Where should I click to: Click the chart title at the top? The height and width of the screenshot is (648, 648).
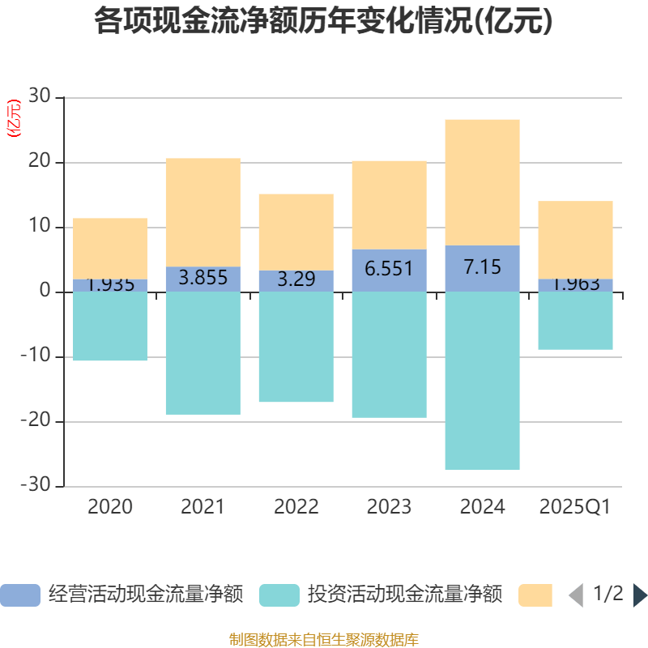point(323,22)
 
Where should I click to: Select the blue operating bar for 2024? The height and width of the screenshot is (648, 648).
point(483,268)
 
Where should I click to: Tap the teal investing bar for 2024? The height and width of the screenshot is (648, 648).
point(483,381)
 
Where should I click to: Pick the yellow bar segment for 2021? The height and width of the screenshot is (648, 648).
point(202,212)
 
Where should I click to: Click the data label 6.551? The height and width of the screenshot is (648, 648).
point(389,268)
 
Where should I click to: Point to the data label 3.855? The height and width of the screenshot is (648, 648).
point(202,278)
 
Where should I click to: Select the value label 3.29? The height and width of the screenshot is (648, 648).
point(296,280)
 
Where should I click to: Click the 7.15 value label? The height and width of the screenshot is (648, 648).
point(483,266)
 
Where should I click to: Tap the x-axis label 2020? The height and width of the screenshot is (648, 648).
point(110,507)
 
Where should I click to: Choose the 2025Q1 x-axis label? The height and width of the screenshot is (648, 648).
point(575,507)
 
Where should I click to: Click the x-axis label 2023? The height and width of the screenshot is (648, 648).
point(389,507)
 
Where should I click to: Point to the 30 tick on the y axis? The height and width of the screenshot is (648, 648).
point(40,98)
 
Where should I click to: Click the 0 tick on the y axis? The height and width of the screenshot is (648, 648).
point(45,292)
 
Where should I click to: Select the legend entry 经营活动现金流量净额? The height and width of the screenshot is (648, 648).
point(146,595)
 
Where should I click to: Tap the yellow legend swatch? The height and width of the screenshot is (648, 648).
point(535,595)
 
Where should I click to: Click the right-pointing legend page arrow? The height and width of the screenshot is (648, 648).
point(639,595)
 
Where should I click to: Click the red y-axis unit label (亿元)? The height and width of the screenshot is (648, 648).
point(14,118)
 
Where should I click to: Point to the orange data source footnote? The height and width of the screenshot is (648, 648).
point(323,640)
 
